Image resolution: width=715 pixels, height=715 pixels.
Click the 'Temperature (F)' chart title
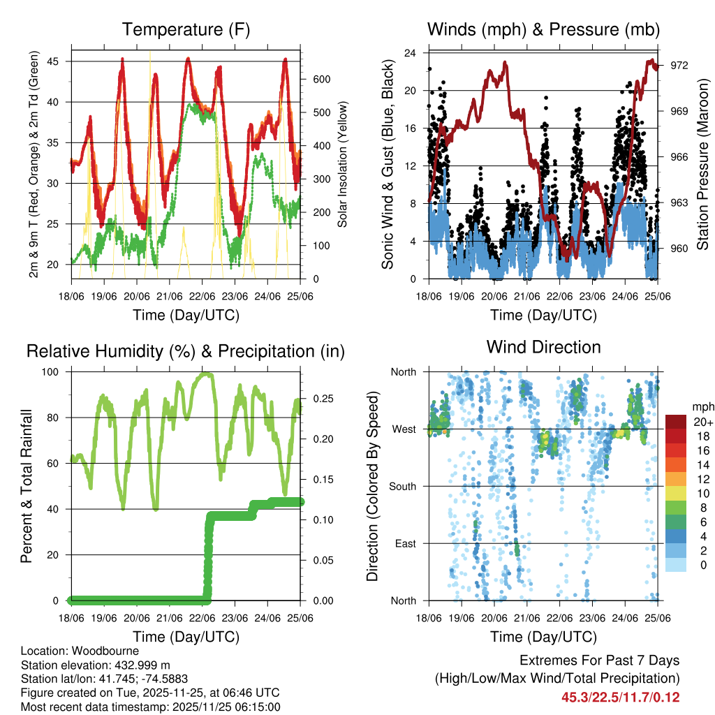[x=186, y=30]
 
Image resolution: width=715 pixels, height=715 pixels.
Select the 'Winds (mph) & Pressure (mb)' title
[x=543, y=30]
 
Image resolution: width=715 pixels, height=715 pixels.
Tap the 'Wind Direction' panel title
[x=543, y=347]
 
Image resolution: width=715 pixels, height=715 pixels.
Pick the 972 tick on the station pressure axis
[x=679, y=65]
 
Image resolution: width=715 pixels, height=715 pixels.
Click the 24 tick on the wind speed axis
[x=411, y=53]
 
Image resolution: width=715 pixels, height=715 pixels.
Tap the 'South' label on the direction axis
[x=402, y=486]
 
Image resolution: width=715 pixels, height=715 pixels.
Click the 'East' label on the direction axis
[x=405, y=543]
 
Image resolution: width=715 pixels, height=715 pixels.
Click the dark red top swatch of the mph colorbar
[x=676, y=422]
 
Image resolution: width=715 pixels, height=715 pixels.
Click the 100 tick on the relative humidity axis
[x=56, y=372]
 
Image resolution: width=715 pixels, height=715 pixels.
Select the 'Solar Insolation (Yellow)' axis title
[x=343, y=163]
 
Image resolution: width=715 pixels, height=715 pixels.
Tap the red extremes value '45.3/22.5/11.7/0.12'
[x=620, y=698]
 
